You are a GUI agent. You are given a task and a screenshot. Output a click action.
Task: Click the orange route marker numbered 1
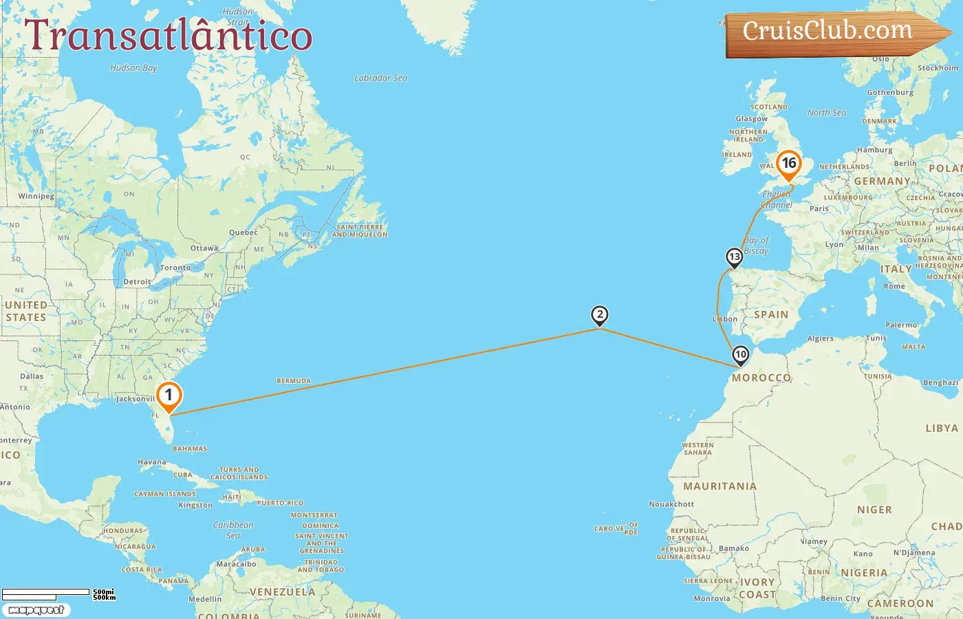[x=169, y=396]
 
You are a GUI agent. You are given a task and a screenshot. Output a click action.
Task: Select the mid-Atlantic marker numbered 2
[x=600, y=315]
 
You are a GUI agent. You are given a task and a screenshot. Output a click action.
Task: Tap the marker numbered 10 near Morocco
[x=740, y=355]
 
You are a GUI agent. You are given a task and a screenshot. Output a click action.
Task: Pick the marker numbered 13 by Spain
[x=735, y=257]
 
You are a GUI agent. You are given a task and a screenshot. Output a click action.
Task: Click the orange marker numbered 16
[x=788, y=164]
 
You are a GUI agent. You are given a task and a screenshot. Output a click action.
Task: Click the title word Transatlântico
[x=169, y=36]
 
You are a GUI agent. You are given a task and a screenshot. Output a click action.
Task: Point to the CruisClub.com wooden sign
[x=832, y=32]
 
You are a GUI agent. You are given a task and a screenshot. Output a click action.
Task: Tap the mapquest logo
[x=36, y=610]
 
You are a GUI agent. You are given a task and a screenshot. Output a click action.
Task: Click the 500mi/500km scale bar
[x=58, y=594]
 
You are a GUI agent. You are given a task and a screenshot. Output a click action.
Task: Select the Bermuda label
[x=294, y=380]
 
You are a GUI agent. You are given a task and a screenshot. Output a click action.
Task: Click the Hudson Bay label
[x=133, y=67]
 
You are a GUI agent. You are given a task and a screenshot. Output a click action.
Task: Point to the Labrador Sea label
[x=380, y=78]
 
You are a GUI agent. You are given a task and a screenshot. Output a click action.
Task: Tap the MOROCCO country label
[x=761, y=378]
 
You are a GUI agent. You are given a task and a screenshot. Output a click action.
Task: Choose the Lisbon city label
[x=725, y=319]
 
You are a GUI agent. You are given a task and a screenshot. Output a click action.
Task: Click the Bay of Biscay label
[x=756, y=246]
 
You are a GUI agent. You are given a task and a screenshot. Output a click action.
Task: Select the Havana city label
[x=152, y=462]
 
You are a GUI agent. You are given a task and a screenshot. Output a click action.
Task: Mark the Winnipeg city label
[x=36, y=196]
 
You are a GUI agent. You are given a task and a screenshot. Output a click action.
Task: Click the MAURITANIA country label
[x=719, y=486]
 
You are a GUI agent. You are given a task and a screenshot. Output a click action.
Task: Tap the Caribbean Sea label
[x=233, y=530]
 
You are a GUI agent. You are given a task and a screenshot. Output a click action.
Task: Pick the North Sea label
[x=827, y=113]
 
